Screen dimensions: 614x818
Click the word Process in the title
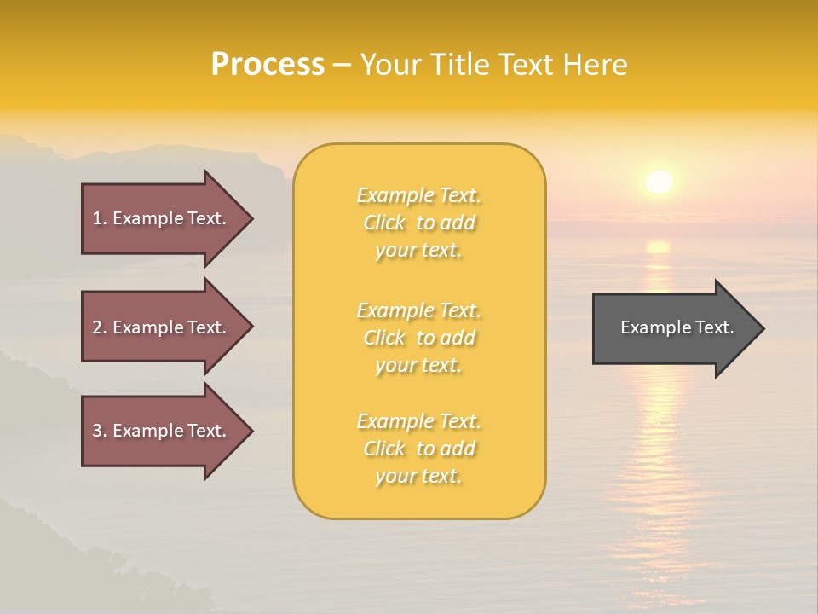(268, 65)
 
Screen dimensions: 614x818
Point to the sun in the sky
(659, 182)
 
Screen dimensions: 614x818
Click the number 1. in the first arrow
(100, 218)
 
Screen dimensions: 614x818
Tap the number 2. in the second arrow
(100, 327)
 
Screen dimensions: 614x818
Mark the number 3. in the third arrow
(100, 432)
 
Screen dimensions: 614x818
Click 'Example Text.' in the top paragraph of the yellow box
(418, 196)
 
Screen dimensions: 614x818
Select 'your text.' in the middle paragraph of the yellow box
(418, 365)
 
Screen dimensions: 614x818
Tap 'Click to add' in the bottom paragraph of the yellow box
(418, 449)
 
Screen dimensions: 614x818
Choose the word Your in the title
(393, 65)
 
